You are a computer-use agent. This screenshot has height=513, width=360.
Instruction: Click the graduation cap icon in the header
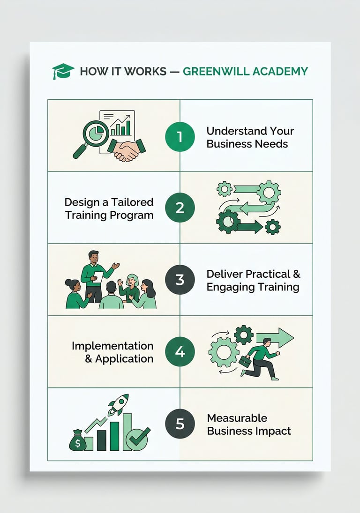point(63,71)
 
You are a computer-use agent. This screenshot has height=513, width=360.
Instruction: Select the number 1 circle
point(180,136)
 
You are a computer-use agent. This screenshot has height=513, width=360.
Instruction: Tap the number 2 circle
point(180,208)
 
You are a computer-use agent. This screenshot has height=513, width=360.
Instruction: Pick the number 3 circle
point(180,280)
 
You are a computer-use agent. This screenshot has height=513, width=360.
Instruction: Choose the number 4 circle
point(180,352)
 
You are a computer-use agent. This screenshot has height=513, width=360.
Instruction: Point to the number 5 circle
point(180,424)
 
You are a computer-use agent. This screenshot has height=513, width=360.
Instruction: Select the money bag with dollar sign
point(77,440)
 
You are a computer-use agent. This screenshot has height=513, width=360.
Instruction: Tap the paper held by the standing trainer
point(98,277)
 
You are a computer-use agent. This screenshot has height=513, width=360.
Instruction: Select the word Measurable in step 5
point(237,418)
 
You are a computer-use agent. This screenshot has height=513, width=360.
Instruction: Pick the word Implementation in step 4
point(112,346)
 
